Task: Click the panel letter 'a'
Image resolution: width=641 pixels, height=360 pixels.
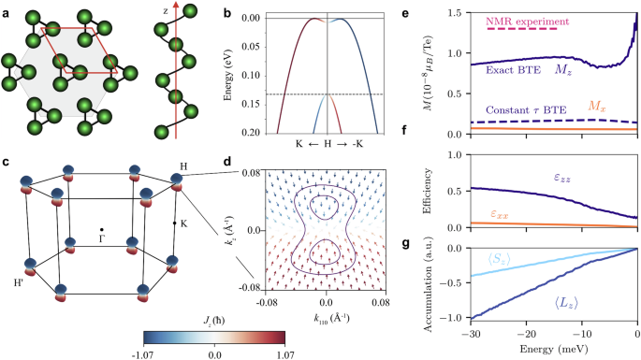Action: click(7, 9)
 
